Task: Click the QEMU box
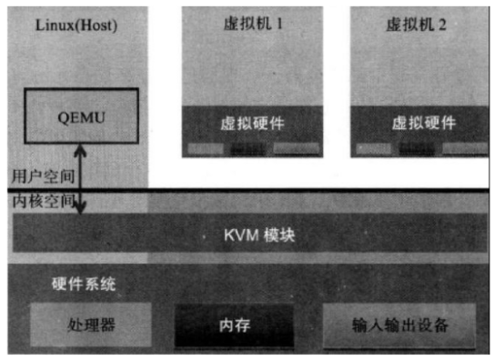tap(81, 116)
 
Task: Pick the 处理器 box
tap(92, 324)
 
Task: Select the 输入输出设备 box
tap(400, 324)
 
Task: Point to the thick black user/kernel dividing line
tap(273, 190)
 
